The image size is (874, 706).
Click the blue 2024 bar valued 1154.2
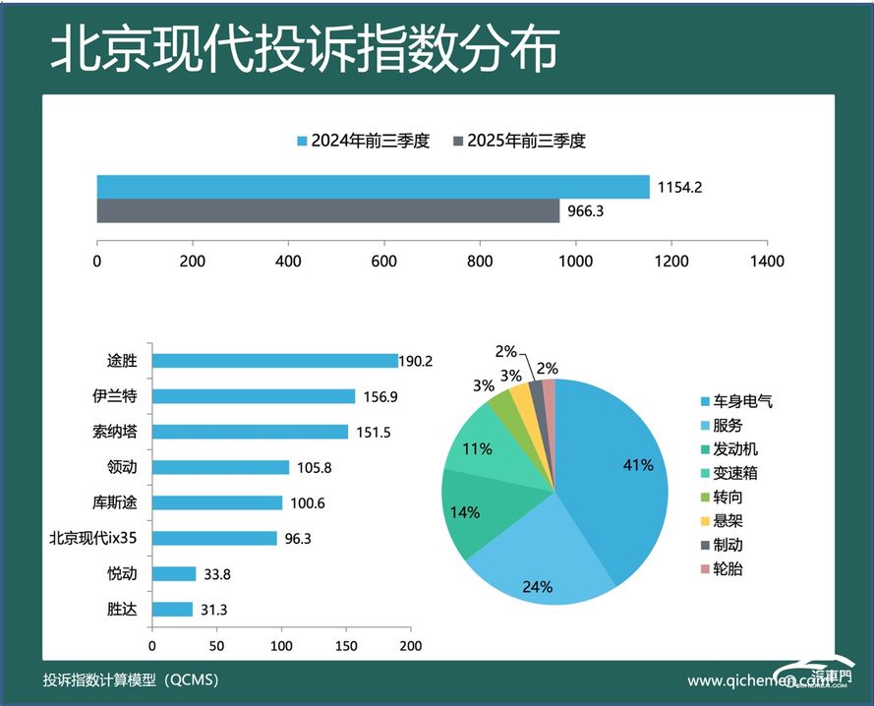[373, 187]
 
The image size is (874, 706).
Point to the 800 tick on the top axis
[481, 262]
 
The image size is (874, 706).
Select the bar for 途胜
[274, 361]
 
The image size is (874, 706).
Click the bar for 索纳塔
[250, 432]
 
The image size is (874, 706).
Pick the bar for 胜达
[172, 609]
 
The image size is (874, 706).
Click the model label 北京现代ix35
[94, 538]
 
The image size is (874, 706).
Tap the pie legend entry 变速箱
[736, 473]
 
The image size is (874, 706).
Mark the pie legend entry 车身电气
[743, 401]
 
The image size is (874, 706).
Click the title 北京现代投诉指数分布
[305, 47]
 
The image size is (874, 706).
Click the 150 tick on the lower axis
[346, 647]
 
